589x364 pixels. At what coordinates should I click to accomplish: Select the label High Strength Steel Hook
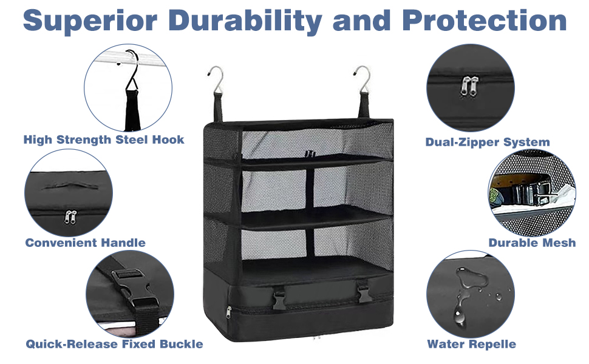click(x=104, y=140)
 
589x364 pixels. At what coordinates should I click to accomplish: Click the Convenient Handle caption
click(x=85, y=243)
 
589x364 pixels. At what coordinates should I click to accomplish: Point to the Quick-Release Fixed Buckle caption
click(x=114, y=344)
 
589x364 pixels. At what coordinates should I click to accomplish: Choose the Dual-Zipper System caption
click(x=488, y=143)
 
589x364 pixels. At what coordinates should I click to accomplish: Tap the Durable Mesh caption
click(x=532, y=243)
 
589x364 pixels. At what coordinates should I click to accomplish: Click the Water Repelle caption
click(x=471, y=344)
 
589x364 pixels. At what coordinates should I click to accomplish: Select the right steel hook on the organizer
click(x=363, y=78)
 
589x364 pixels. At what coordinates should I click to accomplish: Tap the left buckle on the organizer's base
click(x=280, y=297)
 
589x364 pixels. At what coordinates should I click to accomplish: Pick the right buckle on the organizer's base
click(x=364, y=295)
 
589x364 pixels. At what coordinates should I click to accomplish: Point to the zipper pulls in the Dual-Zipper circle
click(x=470, y=86)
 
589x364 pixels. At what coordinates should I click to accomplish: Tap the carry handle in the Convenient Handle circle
click(x=63, y=185)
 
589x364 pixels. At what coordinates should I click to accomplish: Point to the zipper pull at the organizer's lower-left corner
click(x=229, y=312)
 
